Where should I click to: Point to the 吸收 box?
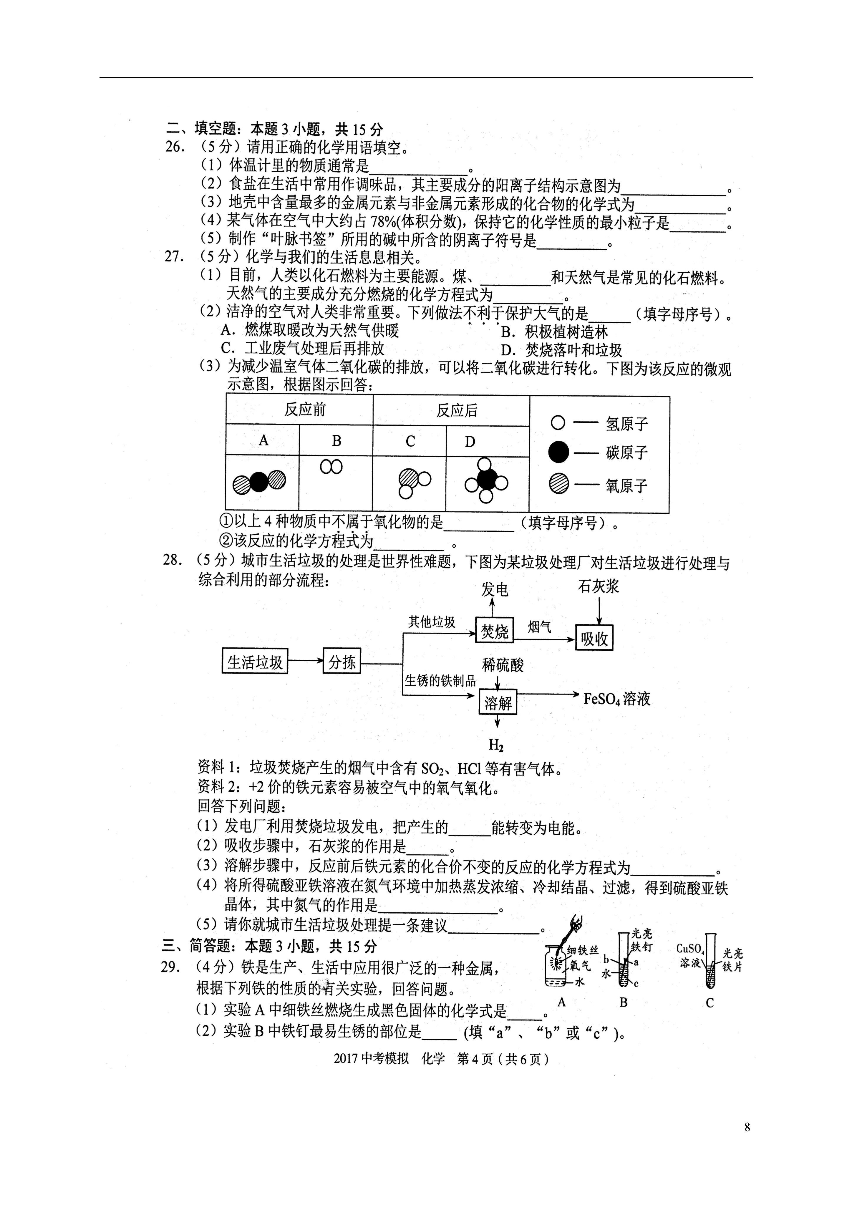[594, 638]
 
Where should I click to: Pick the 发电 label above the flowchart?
[495, 590]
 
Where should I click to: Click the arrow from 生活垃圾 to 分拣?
[306, 661]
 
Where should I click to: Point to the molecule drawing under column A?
[259, 482]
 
